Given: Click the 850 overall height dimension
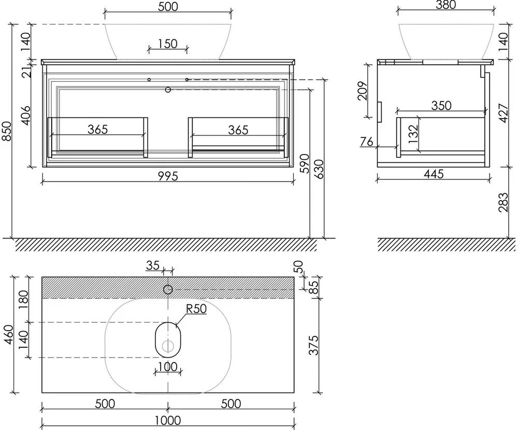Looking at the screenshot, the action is click(x=7, y=131).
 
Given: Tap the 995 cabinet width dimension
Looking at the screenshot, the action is click(x=168, y=176).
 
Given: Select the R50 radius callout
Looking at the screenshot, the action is click(x=196, y=309).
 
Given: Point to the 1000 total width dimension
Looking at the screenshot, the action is click(x=168, y=421).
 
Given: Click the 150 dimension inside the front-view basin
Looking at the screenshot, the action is click(x=168, y=44).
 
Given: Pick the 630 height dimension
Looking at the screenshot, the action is click(x=319, y=169).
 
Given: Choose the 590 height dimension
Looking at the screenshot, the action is click(x=305, y=164).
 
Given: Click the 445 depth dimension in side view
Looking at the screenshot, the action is click(x=434, y=174).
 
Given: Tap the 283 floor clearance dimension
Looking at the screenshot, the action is click(x=503, y=202).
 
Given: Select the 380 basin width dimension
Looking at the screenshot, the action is click(x=445, y=5).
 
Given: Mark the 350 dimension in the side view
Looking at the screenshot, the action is click(x=441, y=106).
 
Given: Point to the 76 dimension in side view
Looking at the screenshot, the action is click(x=366, y=142).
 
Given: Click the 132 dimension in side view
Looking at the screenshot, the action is click(x=413, y=134).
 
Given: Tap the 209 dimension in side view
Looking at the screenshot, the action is click(x=363, y=91).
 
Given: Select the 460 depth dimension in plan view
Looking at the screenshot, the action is click(x=9, y=335).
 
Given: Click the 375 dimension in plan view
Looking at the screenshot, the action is click(x=313, y=345).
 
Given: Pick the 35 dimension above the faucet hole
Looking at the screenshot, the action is click(x=153, y=265).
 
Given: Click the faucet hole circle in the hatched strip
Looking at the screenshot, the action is click(x=168, y=290).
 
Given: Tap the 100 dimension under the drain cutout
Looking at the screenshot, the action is click(x=168, y=367).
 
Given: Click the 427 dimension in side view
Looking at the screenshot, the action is click(x=503, y=113).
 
